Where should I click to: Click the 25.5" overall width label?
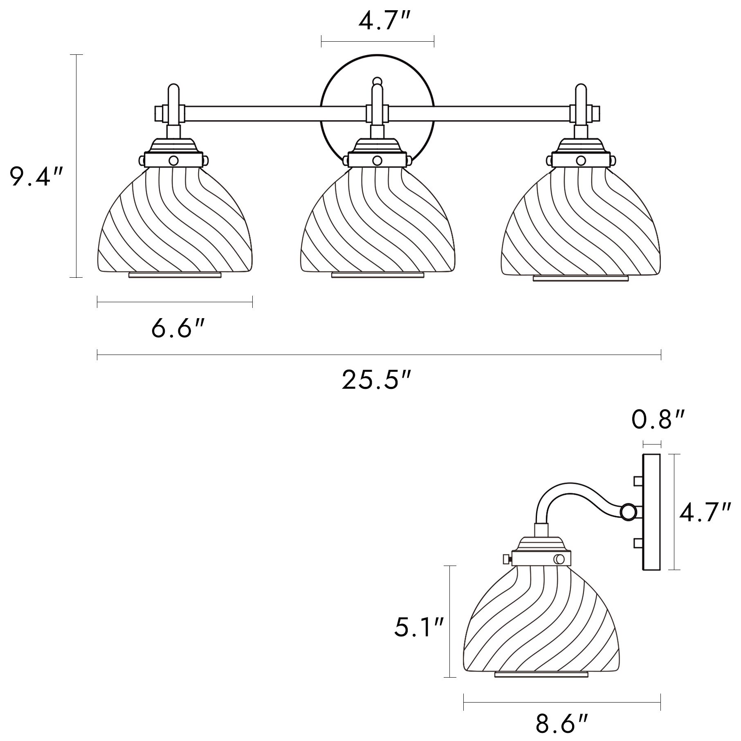pos(375,380)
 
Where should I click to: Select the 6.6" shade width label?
pos(177,328)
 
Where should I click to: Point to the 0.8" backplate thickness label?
pos(658,420)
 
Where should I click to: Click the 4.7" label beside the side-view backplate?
pos(705,512)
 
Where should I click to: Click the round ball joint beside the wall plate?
pos(627,512)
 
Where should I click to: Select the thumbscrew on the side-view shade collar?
pos(506,558)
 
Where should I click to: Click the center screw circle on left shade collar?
pos(174,160)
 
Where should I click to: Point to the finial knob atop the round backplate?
pos(377,80)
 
